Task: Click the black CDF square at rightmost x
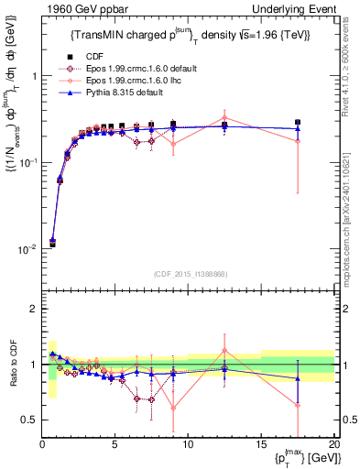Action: pyautogui.click(x=297, y=122)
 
